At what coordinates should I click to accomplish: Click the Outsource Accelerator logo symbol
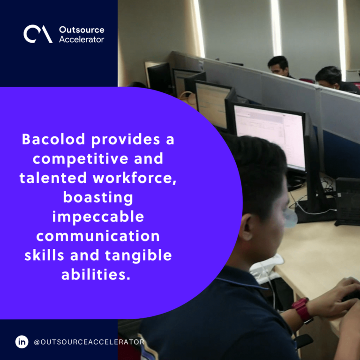38,34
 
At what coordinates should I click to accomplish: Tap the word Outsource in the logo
82,30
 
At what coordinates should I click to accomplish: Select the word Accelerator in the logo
82,39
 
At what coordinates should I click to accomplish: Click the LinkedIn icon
22,342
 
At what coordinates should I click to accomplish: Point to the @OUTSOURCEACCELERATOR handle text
89,342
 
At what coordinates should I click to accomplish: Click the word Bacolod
53,139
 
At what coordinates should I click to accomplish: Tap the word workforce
135,178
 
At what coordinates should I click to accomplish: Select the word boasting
98,198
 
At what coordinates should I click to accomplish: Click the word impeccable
98,217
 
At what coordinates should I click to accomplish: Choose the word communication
98,236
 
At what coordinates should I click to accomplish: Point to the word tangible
138,256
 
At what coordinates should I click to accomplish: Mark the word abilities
96,274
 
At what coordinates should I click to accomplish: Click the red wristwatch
302,310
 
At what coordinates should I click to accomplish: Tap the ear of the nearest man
245,228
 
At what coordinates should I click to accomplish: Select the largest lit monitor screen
270,136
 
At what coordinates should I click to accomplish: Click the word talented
53,178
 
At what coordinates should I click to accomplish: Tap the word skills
44,255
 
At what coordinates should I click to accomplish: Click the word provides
126,140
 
